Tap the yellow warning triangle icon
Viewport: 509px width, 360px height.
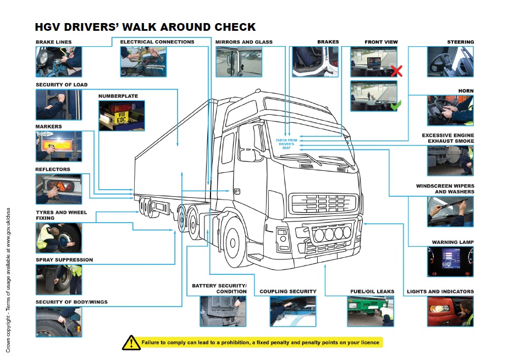[131, 342]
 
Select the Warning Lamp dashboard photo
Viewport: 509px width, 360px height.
[450, 262]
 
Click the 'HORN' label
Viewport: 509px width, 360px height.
[466, 91]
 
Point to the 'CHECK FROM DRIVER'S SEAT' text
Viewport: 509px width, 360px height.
[286, 143]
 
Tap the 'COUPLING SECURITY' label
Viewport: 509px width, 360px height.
[287, 291]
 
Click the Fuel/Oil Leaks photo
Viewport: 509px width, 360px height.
[370, 311]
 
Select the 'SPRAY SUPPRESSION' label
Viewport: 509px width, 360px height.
[64, 259]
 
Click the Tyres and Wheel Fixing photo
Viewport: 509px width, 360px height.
[59, 237]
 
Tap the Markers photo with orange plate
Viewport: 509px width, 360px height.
[59, 146]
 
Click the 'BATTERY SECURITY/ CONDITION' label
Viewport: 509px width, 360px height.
[219, 289]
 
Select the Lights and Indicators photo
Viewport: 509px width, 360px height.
[450, 311]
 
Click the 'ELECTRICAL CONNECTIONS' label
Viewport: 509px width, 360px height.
[157, 42]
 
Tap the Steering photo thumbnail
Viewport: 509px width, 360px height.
[450, 62]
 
